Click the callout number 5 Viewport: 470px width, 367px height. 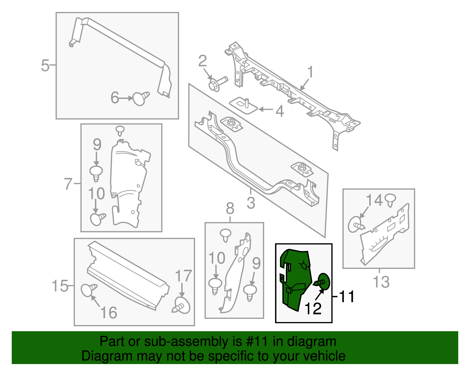click(x=45, y=65)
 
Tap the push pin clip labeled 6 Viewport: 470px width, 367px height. click(x=140, y=98)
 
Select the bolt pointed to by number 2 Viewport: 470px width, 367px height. click(x=217, y=84)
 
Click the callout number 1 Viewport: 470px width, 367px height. click(x=310, y=72)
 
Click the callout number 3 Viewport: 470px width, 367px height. click(x=251, y=203)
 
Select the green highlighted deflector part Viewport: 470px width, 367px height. click(x=295, y=279)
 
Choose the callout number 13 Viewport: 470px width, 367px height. click(x=381, y=282)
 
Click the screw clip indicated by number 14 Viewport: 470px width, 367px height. click(x=356, y=224)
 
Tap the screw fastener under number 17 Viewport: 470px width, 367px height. click(x=182, y=306)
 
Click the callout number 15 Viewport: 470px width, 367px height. click(x=60, y=286)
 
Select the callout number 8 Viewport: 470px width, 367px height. click(x=230, y=209)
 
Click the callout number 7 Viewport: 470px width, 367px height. click(x=68, y=184)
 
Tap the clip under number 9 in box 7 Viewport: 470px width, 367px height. click(x=96, y=173)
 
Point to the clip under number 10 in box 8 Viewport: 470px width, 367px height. click(x=215, y=285)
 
